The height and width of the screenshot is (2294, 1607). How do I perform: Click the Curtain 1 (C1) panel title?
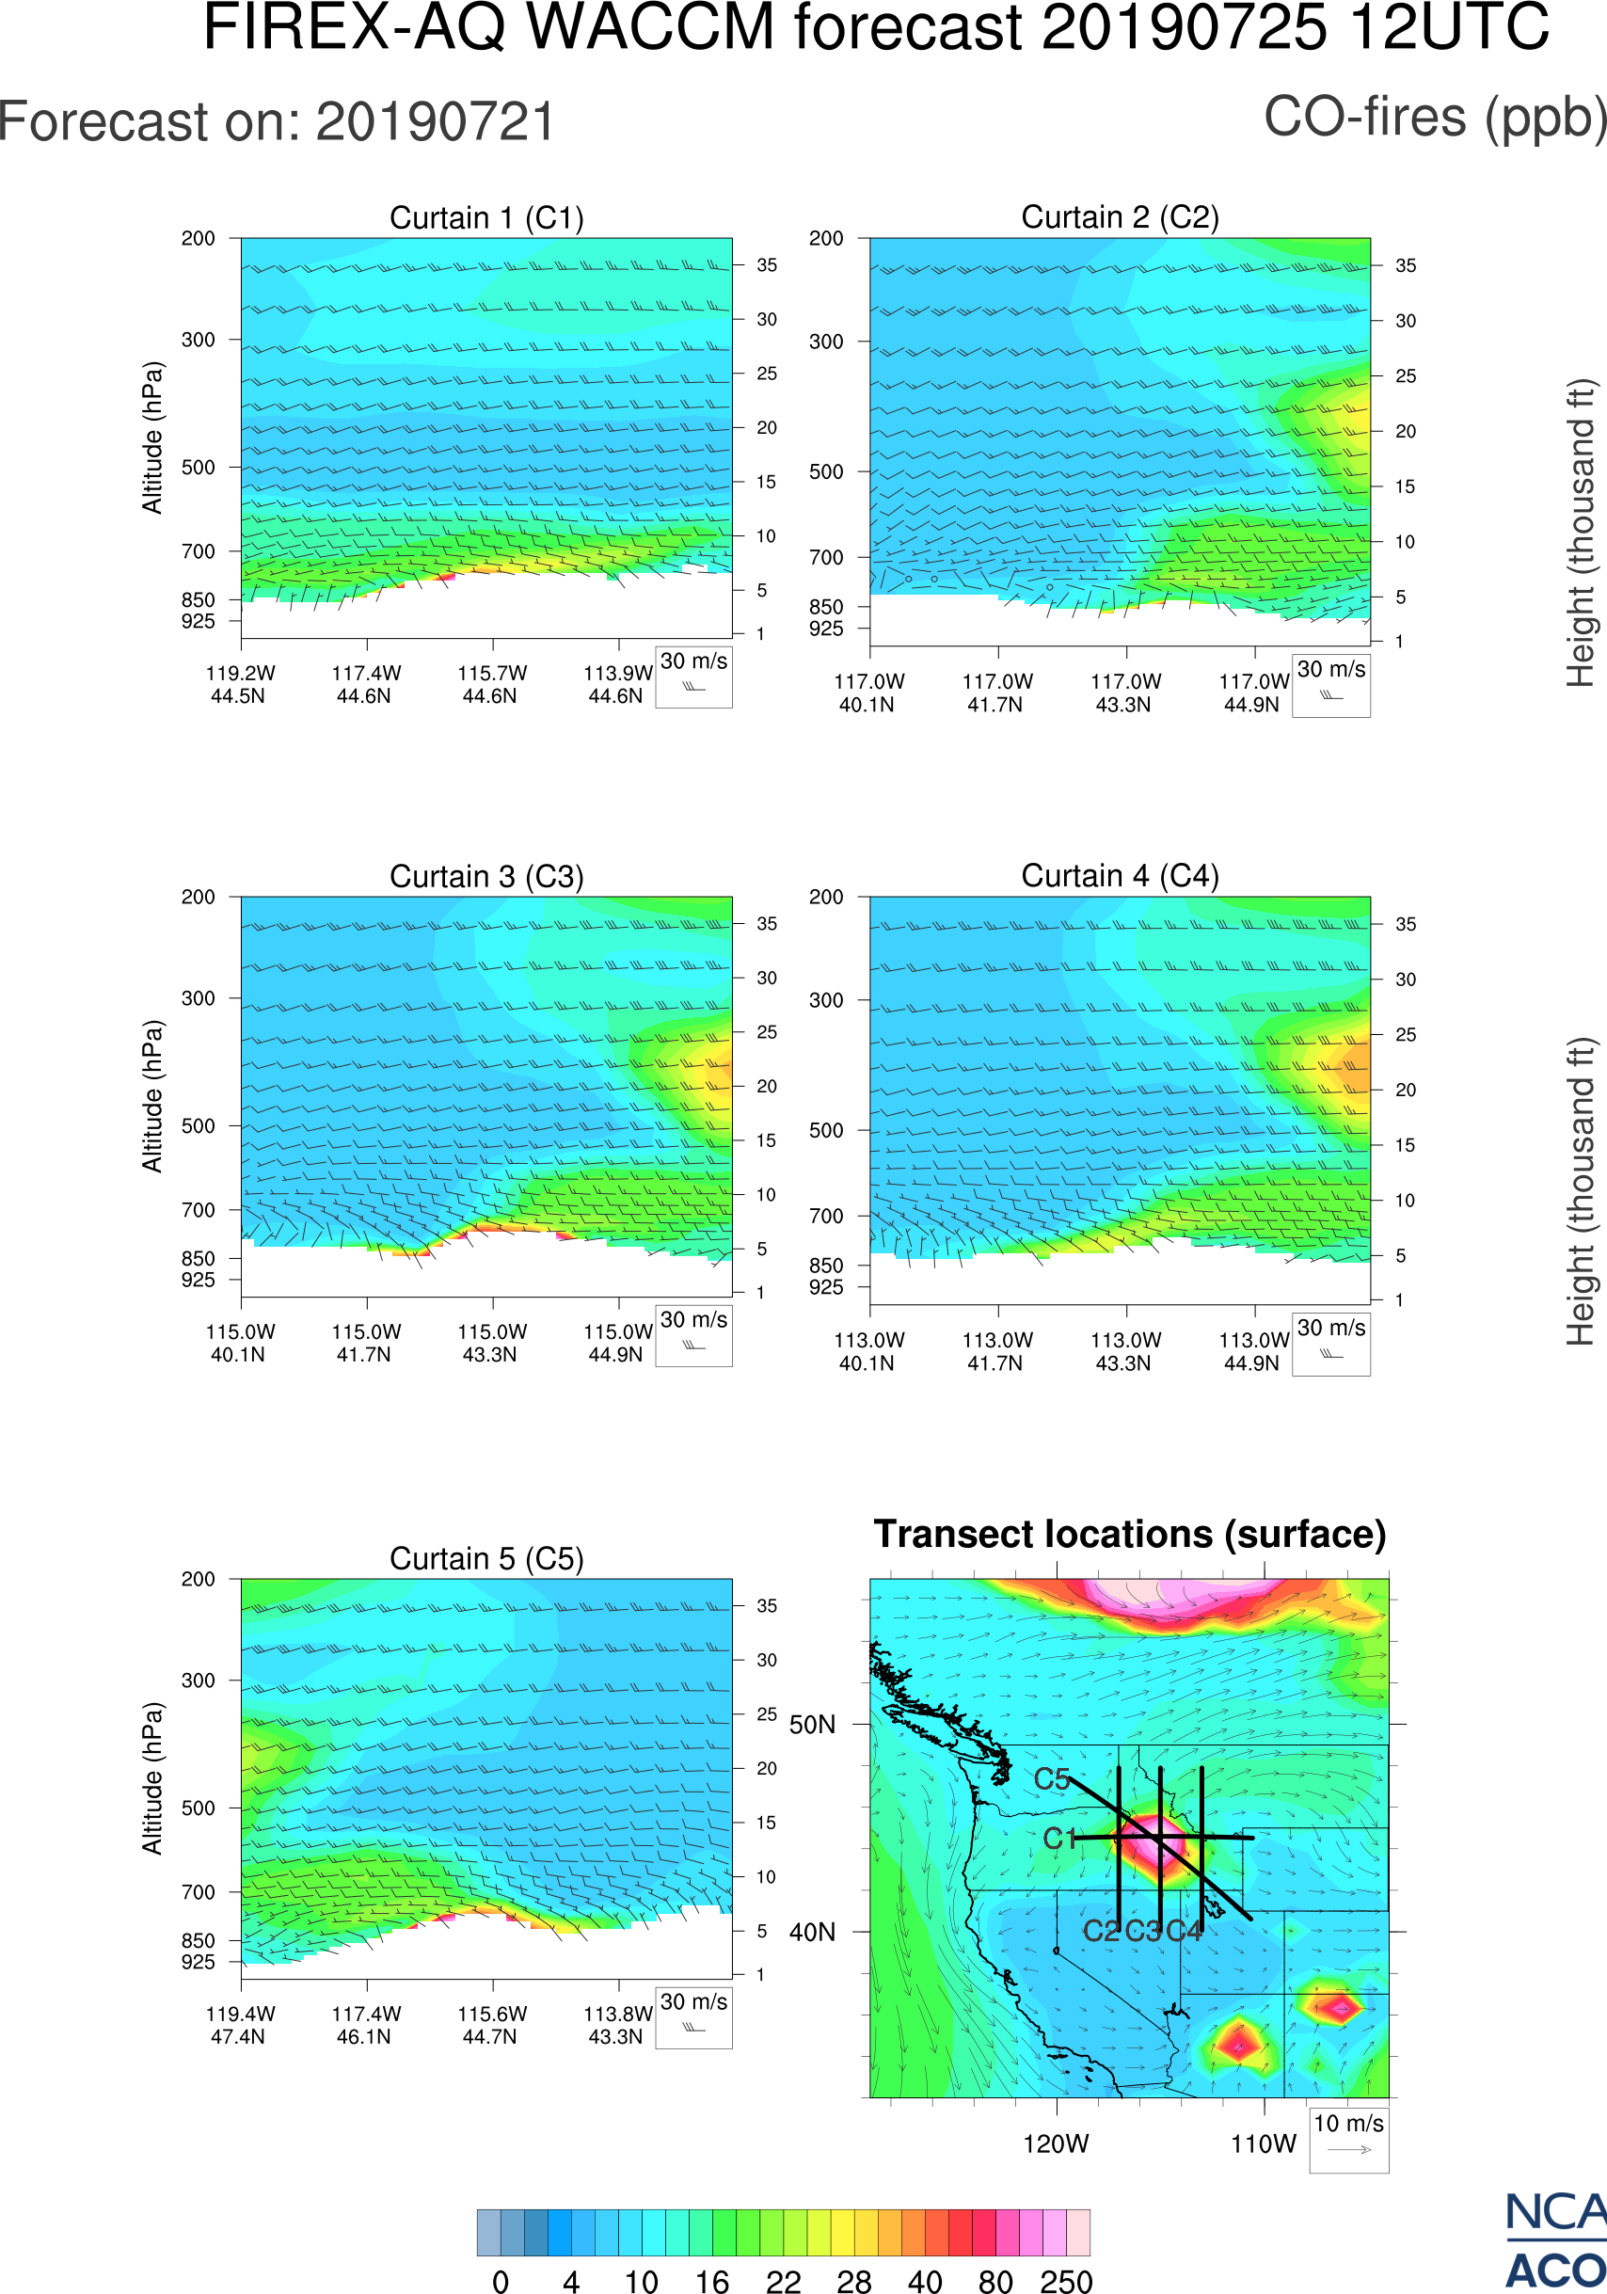(486, 217)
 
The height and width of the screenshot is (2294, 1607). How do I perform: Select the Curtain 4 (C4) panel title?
(1120, 876)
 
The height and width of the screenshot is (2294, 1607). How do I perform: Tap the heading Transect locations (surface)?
(1130, 1534)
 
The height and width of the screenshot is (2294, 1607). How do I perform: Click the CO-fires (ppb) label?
(1434, 118)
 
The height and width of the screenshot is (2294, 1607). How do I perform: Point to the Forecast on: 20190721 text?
(277, 122)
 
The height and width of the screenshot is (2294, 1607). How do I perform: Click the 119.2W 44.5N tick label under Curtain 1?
(240, 684)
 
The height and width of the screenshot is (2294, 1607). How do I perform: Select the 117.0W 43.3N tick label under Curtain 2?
(1125, 693)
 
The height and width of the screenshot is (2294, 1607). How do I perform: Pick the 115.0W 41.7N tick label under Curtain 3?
(366, 1343)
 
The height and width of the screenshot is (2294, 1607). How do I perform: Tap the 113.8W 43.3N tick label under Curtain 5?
(617, 2025)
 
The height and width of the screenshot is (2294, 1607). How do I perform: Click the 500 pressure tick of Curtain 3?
(198, 1126)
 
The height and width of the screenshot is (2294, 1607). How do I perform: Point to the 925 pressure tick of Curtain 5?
(198, 1962)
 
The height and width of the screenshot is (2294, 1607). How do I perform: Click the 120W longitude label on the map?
(1056, 2144)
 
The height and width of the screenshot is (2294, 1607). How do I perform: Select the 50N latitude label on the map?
(812, 1726)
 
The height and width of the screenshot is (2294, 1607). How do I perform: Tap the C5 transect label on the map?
(1052, 1779)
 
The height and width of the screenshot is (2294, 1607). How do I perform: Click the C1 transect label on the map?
(1058, 1839)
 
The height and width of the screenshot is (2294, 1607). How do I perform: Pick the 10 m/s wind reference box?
(1348, 2139)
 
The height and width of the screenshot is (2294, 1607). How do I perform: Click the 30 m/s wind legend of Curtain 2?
(1330, 685)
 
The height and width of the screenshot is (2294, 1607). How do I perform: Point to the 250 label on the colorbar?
(1066, 2281)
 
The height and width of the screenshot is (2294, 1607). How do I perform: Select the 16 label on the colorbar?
(712, 2281)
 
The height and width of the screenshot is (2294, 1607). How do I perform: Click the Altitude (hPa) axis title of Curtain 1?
(151, 438)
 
